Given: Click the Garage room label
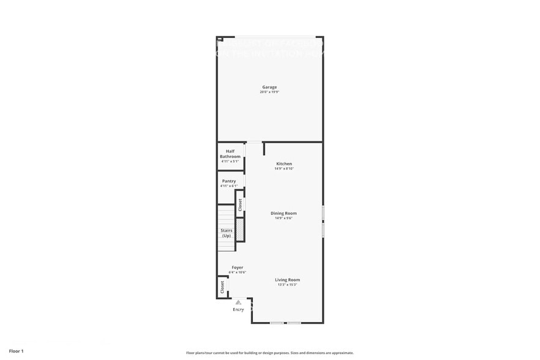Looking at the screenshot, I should (269, 88).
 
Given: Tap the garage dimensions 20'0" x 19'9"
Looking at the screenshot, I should (269, 92).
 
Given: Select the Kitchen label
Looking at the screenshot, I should (284, 163).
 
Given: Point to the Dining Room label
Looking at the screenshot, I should (283, 213).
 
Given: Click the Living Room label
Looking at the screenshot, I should (287, 280).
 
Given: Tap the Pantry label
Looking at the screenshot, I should (229, 181).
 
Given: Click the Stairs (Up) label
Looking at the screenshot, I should (227, 233).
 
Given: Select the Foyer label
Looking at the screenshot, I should (237, 268).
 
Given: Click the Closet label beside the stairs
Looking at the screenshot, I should (240, 204).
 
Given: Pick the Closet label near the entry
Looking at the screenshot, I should (222, 286).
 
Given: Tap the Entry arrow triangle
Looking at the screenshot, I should (238, 302).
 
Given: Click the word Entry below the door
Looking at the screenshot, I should (238, 310).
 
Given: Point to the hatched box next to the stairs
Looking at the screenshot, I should (240, 230).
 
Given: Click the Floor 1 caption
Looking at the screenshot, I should (16, 351).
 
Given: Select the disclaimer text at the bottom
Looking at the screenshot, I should (269, 353).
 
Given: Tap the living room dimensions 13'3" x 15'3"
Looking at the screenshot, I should (287, 285).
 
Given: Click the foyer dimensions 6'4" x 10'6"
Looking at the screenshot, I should (237, 272).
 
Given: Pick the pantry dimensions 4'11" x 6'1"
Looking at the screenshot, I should (229, 186).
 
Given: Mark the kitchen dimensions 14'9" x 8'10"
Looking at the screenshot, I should (284, 168).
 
